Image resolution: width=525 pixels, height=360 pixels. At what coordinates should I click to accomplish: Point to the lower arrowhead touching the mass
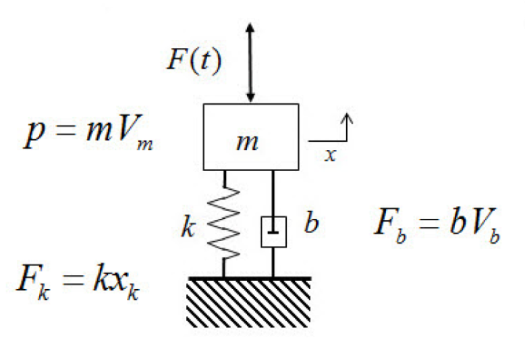(x=250, y=97)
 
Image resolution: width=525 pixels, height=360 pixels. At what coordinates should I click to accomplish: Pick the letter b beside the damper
(x=311, y=226)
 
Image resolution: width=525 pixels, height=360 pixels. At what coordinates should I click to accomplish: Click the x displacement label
(x=330, y=154)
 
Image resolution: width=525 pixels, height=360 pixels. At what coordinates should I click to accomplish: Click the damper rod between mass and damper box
(x=273, y=192)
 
